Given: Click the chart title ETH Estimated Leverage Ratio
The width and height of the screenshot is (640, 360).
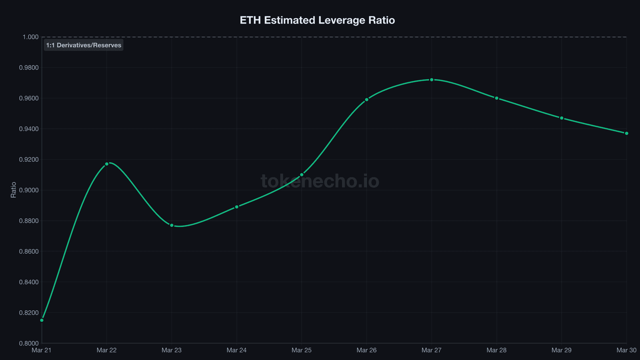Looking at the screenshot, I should [317, 20].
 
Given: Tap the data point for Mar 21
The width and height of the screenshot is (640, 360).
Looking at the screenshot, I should [42, 320].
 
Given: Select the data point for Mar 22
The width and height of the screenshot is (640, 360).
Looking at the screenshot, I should [107, 164].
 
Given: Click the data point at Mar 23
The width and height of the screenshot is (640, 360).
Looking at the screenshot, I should [172, 225].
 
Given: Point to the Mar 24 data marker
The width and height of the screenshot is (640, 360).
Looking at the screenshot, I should [237, 207].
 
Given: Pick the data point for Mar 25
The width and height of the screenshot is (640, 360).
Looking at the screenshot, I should [302, 175].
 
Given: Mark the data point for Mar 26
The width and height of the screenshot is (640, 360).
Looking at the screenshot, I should [366, 100].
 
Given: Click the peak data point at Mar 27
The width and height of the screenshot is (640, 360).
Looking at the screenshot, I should [432, 80].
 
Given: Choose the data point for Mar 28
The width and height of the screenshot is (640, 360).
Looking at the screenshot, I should [496, 98].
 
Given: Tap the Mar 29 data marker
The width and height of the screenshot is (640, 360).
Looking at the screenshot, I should [562, 118].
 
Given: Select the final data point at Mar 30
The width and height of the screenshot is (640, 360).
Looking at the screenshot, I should [626, 133].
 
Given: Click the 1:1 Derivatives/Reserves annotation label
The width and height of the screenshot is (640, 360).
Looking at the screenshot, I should [84, 45].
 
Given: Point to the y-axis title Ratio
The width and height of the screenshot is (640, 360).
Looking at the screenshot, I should [14, 190].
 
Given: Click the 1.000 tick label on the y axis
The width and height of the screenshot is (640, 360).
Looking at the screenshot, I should [30, 37].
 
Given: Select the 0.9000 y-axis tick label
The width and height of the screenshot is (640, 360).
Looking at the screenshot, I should [29, 190].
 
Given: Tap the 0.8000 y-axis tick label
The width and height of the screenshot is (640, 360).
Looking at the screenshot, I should [29, 343].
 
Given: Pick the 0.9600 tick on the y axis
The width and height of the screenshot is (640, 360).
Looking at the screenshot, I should [29, 98].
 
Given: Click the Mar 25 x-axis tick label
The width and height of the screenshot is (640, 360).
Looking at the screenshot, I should [302, 350].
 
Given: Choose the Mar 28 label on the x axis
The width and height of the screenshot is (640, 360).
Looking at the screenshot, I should [496, 350].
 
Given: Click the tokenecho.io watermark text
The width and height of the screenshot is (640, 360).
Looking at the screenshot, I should [320, 181].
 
